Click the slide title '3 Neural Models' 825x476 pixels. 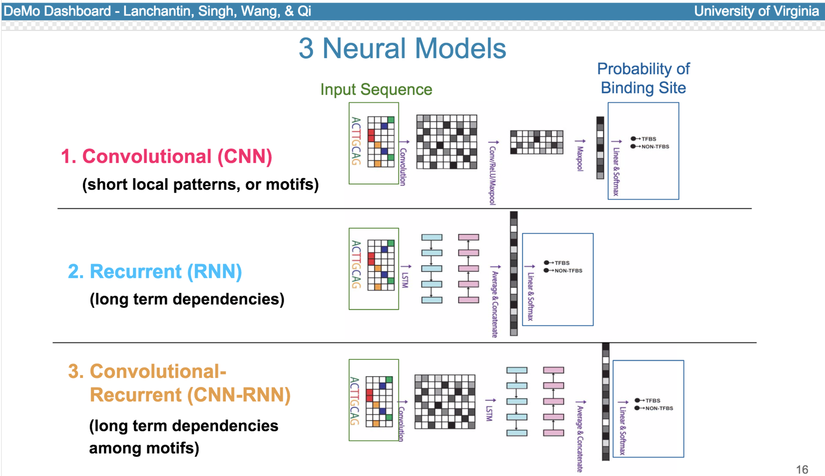pyautogui.click(x=402, y=48)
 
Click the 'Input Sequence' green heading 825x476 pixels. pyautogui.click(x=376, y=89)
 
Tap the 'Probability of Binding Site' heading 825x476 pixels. pyautogui.click(x=643, y=78)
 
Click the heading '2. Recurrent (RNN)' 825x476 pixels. pyautogui.click(x=155, y=271)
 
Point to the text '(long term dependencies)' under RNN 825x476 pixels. pyautogui.click(x=187, y=299)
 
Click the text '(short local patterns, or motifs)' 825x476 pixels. pyautogui.click(x=200, y=184)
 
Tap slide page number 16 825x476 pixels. pyautogui.click(x=802, y=470)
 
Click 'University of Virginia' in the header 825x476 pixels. pyautogui.click(x=756, y=11)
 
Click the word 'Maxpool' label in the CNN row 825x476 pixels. pyautogui.click(x=580, y=159)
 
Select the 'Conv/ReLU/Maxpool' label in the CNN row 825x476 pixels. pyautogui.click(x=492, y=175)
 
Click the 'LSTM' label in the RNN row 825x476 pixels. pyautogui.click(x=405, y=280)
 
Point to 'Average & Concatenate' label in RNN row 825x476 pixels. pyautogui.click(x=495, y=304)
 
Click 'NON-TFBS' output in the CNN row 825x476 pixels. pyautogui.click(x=655, y=147)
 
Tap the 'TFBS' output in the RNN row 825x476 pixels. pyautogui.click(x=562, y=263)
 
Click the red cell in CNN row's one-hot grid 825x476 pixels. pyautogui.click(x=371, y=135)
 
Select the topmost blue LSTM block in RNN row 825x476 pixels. pyautogui.click(x=432, y=237)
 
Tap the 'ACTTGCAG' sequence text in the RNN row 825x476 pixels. pyautogui.click(x=356, y=264)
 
